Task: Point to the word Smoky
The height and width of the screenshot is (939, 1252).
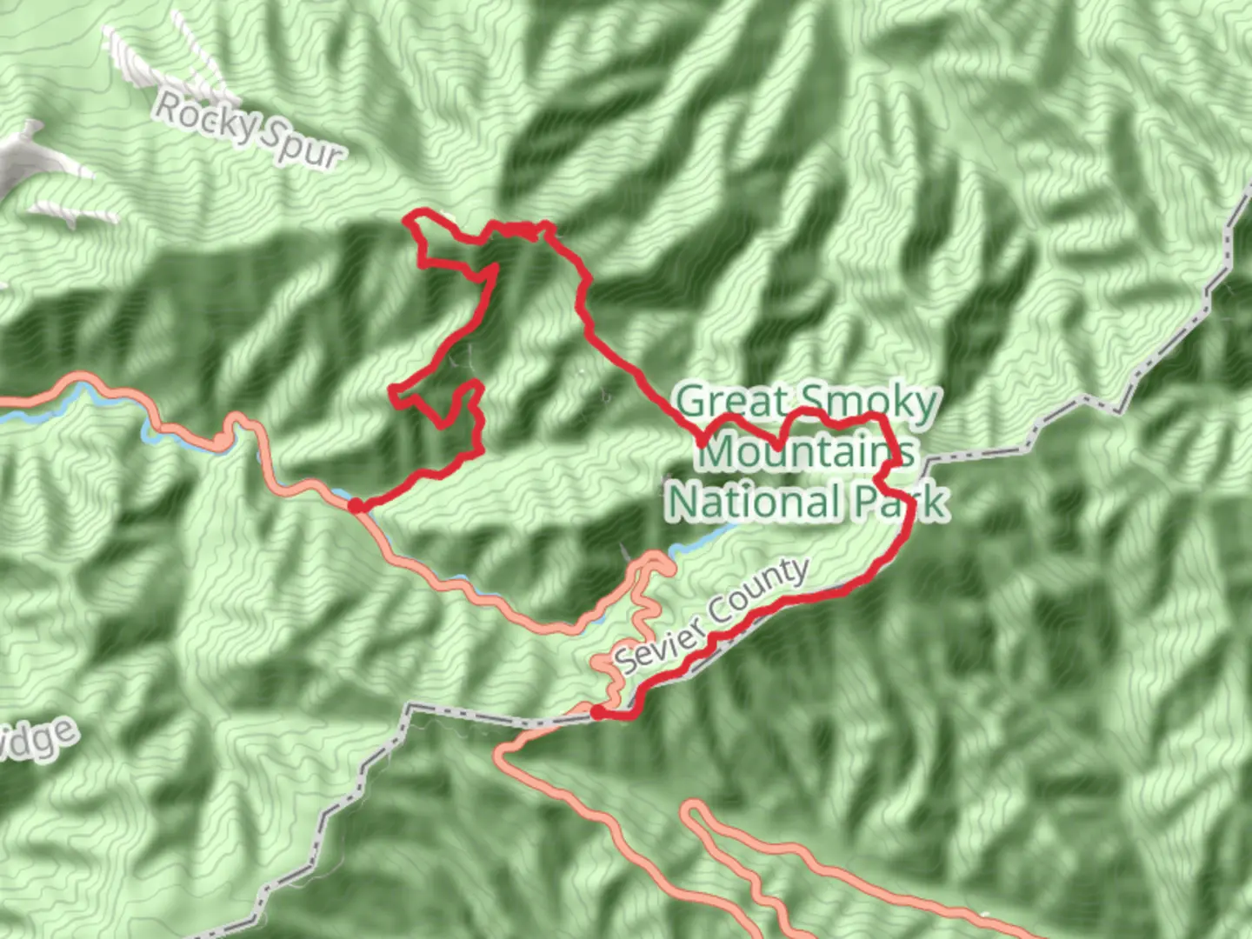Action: [x=869, y=403]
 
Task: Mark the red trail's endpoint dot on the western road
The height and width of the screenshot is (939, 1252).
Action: [x=355, y=505]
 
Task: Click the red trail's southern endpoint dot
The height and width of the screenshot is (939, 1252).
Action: [x=598, y=713]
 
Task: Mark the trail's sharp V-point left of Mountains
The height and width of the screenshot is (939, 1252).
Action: [x=703, y=443]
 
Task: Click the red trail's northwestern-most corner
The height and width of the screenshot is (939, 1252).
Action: [x=410, y=217]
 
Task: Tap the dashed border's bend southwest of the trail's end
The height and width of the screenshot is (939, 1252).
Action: [x=409, y=709]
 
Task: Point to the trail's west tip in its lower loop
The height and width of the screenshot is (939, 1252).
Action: [x=394, y=390]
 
